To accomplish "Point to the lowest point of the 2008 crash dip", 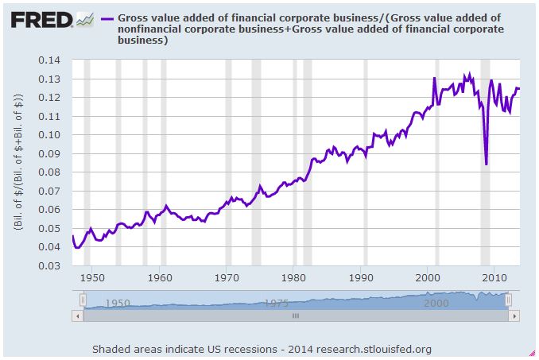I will click(x=486, y=164).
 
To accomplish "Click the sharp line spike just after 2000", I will click(x=434, y=78).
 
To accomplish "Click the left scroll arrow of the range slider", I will click(x=77, y=315).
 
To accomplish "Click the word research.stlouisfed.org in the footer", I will click(x=373, y=349).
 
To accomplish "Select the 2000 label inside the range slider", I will click(x=436, y=303).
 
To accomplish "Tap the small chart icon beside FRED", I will click(x=85, y=17).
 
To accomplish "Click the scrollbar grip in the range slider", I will click(x=295, y=315).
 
